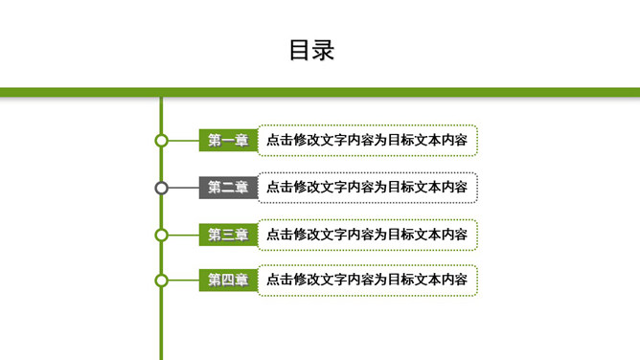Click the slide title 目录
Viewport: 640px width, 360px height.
tap(311, 50)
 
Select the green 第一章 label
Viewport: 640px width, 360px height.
tap(228, 141)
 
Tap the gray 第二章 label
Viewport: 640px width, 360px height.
tap(228, 188)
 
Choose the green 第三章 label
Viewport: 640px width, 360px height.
tap(228, 235)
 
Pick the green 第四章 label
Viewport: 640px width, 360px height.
tap(228, 281)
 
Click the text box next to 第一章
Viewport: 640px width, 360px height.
tap(367, 141)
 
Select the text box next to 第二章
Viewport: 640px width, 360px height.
tap(367, 188)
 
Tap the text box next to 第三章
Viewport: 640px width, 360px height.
tap(367, 235)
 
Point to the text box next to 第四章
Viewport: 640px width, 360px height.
tap(367, 281)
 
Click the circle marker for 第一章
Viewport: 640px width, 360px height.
tap(162, 141)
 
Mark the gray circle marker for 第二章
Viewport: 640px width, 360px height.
tap(162, 188)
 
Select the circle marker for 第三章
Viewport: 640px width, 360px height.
tap(162, 235)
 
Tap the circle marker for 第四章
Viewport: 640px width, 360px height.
tap(162, 281)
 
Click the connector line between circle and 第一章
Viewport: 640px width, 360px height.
tap(183, 141)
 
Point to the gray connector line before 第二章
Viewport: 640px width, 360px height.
tap(183, 188)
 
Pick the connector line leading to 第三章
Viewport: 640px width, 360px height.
tap(183, 235)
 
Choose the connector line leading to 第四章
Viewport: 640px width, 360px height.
tap(183, 281)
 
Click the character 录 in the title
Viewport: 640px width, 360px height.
tap(324, 50)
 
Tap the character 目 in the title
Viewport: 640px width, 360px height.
tap(300, 50)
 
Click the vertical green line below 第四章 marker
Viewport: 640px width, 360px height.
tap(162, 326)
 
